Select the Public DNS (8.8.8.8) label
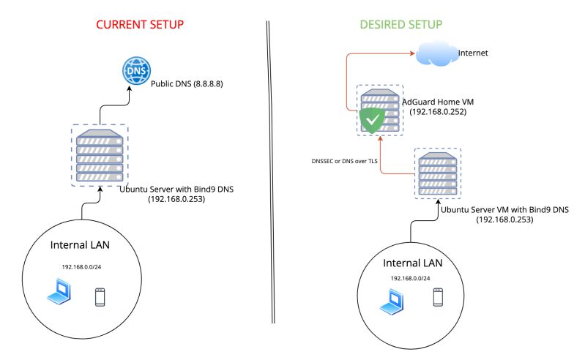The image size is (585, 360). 187,84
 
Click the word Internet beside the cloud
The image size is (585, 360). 473,53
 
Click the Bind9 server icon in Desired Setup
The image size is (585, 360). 438,173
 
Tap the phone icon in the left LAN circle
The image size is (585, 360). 100,296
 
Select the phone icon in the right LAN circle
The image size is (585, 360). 438,296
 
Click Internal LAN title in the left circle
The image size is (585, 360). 80,244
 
